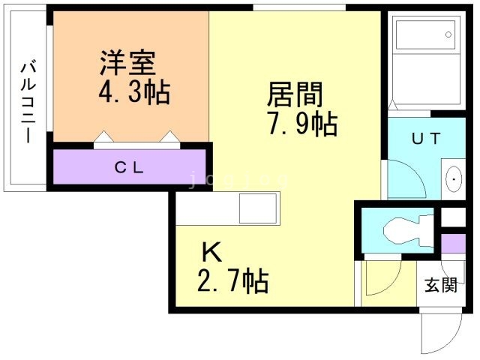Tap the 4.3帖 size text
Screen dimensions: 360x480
coord(134,93)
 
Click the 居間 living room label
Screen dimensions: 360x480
coord(295,95)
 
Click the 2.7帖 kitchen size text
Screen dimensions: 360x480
coord(232,282)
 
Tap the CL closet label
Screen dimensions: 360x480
coord(129,167)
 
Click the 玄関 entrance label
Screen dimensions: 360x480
coord(440,286)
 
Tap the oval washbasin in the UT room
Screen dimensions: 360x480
coord(454,179)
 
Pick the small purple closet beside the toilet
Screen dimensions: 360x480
coord(452,244)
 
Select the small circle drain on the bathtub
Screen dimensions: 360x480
coord(449,33)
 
